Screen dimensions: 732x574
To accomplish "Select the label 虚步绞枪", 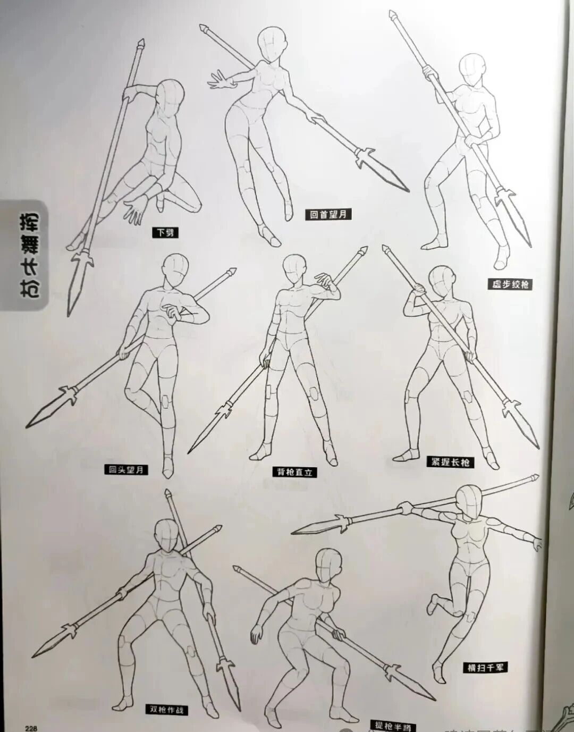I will click(510, 284).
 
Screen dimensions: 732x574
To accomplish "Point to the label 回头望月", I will click(126, 469).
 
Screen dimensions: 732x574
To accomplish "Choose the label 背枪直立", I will click(294, 472).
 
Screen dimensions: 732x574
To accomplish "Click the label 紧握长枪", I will click(450, 462).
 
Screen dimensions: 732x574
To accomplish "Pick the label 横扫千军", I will click(485, 668).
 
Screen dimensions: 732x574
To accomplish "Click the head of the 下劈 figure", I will click(171, 95).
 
